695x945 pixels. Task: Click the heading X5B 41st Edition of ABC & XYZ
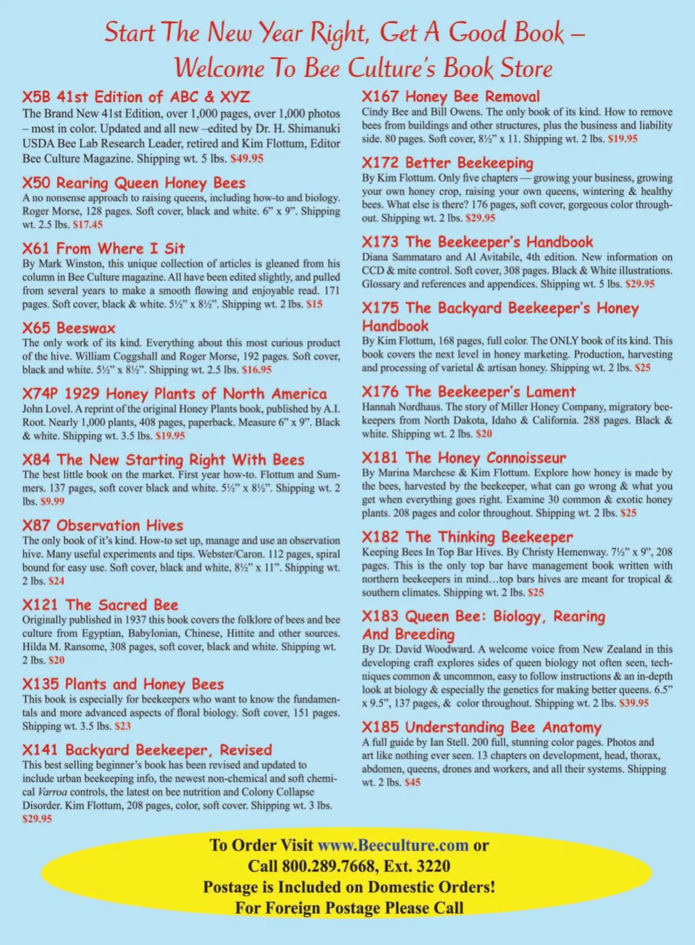pyautogui.click(x=136, y=97)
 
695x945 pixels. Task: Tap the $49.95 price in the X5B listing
pyautogui.click(x=247, y=158)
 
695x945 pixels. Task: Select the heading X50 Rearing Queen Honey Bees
pyautogui.click(x=134, y=183)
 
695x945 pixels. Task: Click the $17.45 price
pyautogui.click(x=88, y=224)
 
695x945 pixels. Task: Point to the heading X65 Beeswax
pyautogui.click(x=69, y=328)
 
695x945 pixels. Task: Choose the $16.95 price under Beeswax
pyautogui.click(x=257, y=369)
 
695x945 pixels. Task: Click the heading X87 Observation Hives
pyautogui.click(x=103, y=526)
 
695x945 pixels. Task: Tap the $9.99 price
pyautogui.click(x=52, y=501)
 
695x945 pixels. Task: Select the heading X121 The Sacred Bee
pyautogui.click(x=100, y=605)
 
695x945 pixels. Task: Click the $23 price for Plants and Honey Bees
pyautogui.click(x=122, y=726)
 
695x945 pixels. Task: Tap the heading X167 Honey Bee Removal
pyautogui.click(x=451, y=96)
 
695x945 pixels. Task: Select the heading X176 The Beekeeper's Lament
pyautogui.click(x=469, y=392)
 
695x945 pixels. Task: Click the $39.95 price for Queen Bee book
pyautogui.click(x=633, y=703)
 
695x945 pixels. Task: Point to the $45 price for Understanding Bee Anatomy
pyautogui.click(x=412, y=782)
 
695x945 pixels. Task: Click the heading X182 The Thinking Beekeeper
pyautogui.click(x=467, y=537)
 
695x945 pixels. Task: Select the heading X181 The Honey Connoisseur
pyautogui.click(x=464, y=458)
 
